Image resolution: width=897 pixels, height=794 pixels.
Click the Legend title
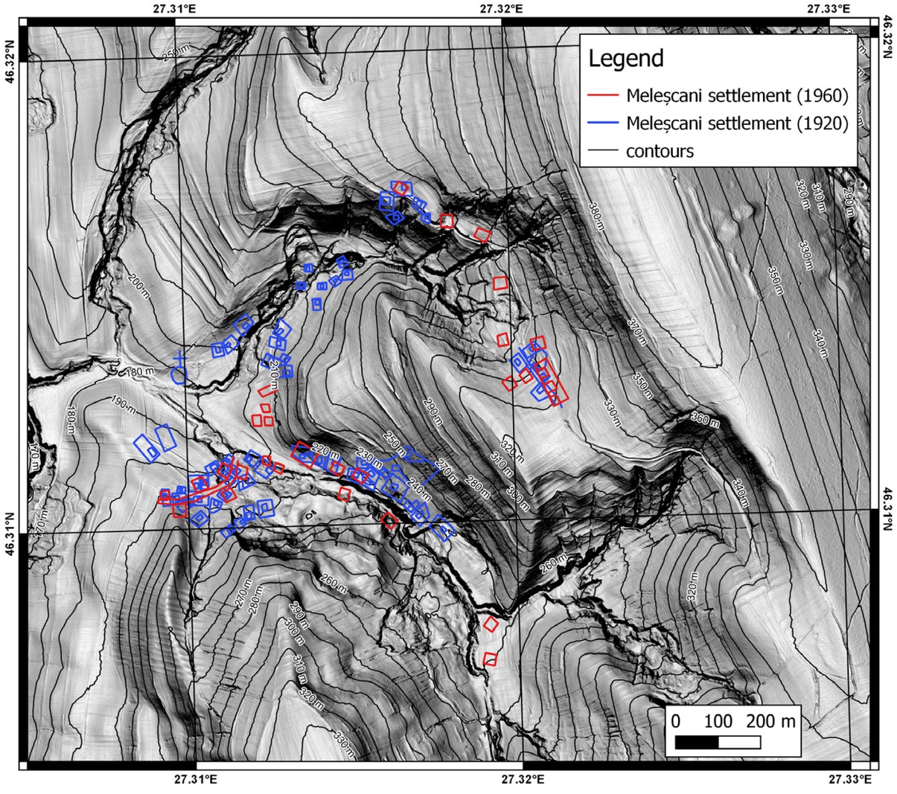(x=625, y=58)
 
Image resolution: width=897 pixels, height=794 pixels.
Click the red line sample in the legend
(x=604, y=96)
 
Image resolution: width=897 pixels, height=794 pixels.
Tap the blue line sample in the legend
(x=604, y=124)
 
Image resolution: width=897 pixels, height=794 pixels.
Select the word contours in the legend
(x=660, y=151)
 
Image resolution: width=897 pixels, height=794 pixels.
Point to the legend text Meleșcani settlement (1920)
(x=737, y=124)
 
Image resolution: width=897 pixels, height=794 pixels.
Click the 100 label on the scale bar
(x=718, y=721)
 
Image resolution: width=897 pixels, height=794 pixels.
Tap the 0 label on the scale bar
(x=675, y=721)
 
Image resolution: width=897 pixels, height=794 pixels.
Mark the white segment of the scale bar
(x=739, y=742)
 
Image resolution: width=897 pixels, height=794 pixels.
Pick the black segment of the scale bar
(x=697, y=742)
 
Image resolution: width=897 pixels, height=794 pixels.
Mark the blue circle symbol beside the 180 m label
(x=179, y=375)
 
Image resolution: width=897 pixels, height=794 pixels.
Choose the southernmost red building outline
(x=490, y=659)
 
